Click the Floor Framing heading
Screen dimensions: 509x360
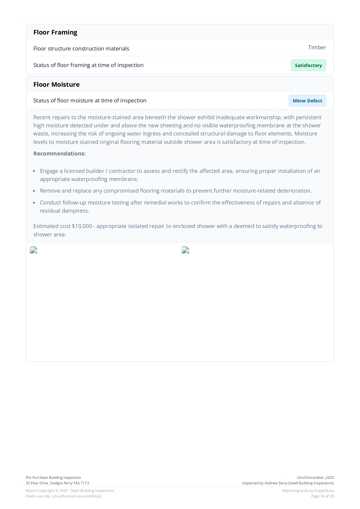tap(55, 32)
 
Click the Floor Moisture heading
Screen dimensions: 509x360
tap(56, 84)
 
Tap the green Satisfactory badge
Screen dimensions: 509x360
tap(308, 65)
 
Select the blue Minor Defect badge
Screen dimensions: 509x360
tap(307, 101)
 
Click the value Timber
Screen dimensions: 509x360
tap(317, 48)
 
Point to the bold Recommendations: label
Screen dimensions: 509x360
tap(59, 153)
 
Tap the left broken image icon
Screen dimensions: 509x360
tap(34, 250)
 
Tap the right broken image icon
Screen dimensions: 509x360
tap(186, 250)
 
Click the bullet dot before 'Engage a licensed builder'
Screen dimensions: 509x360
tap(34, 171)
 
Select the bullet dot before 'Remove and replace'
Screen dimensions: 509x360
tap(34, 191)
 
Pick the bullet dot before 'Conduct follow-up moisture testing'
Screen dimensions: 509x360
tap(34, 203)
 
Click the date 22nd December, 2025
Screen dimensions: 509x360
tap(315, 477)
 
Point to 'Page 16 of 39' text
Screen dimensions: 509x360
tap(322, 496)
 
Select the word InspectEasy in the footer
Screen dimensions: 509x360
tap(324, 490)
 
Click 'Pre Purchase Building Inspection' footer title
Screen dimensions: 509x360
tap(53, 477)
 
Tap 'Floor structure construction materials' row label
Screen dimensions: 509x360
tap(81, 48)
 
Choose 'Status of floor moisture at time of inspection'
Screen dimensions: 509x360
tap(90, 100)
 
